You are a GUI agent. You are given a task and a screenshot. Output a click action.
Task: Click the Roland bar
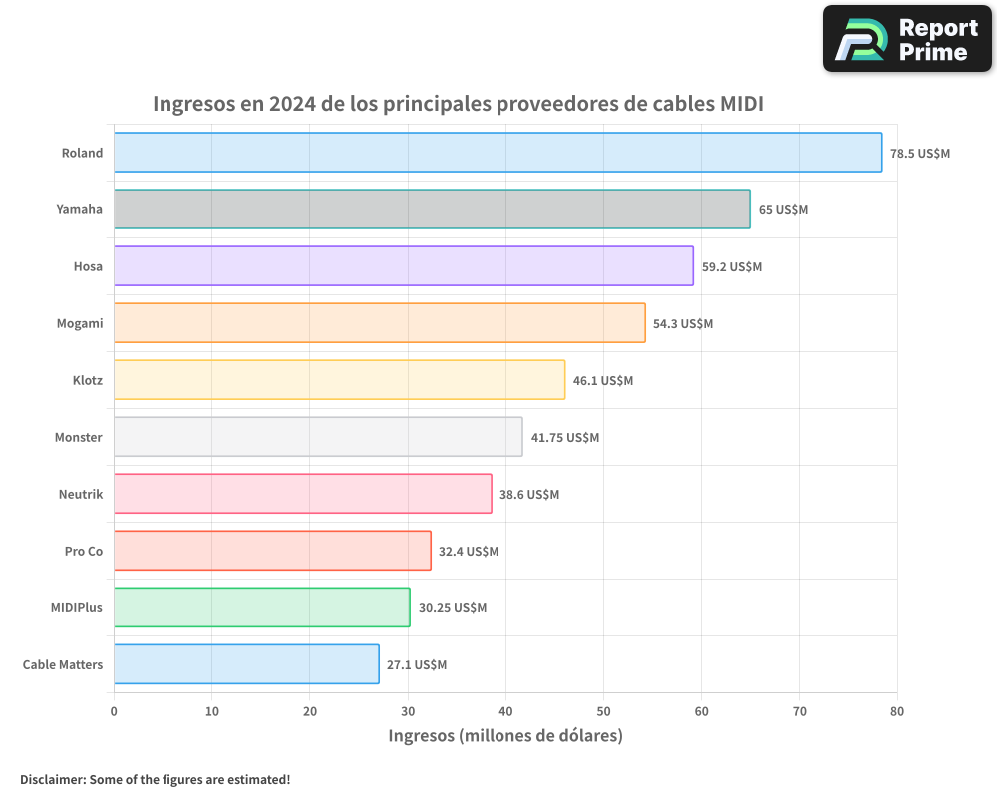498,153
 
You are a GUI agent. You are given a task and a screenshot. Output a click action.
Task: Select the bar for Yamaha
432,209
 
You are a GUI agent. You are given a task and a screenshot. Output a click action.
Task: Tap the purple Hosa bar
403,266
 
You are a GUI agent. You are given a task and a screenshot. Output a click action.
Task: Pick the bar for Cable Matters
246,664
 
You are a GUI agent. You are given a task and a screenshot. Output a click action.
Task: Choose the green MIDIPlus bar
261,607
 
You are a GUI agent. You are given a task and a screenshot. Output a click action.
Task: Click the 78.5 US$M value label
920,154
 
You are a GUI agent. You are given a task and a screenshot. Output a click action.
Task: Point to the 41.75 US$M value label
565,438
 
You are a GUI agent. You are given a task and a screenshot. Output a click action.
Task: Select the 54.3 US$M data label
683,324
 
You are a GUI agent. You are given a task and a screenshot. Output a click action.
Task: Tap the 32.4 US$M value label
469,552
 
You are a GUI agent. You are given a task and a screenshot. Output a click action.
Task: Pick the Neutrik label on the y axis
81,494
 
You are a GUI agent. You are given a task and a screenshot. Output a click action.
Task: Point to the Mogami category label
80,323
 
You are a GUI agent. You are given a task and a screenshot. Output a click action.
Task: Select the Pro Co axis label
84,551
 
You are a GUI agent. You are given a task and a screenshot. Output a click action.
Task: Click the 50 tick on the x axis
603,711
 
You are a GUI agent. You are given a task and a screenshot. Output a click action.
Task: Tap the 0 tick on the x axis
114,711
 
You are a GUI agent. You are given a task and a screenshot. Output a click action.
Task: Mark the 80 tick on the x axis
897,711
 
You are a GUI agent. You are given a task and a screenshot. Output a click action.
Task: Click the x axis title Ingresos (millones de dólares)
505,736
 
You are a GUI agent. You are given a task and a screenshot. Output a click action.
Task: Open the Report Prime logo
906,39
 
